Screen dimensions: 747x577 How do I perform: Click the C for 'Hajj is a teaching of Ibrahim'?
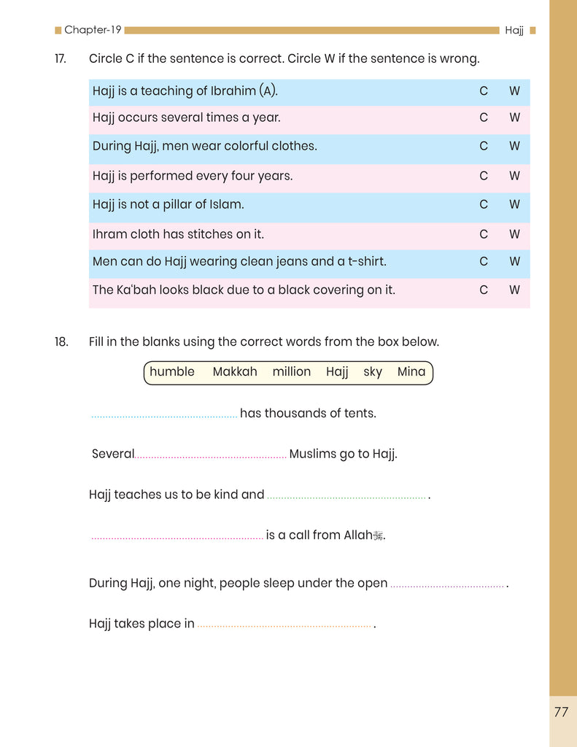tap(484, 92)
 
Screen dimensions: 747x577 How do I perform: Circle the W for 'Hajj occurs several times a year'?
tap(515, 117)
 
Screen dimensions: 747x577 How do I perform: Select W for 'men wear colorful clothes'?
tap(515, 146)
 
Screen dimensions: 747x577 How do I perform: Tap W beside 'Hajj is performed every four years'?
tap(515, 176)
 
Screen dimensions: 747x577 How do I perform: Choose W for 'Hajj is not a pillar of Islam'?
tap(515, 205)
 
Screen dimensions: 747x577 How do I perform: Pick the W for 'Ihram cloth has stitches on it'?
tap(515, 234)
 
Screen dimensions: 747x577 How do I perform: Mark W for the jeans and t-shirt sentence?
tap(515, 261)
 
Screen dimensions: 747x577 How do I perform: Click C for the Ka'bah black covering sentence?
tap(484, 290)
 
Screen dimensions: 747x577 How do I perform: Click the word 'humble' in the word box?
tap(172, 372)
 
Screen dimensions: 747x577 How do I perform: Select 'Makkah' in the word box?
tap(235, 372)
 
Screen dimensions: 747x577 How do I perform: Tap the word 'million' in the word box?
tap(292, 372)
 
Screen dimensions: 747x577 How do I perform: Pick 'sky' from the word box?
tap(373, 372)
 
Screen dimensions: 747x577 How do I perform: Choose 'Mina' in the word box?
tap(411, 372)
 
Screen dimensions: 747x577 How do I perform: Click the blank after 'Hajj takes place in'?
tap(284, 626)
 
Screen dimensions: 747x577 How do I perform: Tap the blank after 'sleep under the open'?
tap(447, 586)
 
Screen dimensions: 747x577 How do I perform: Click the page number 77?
tap(561, 713)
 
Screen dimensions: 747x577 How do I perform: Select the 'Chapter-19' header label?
tap(93, 30)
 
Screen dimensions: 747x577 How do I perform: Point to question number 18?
tap(61, 341)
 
